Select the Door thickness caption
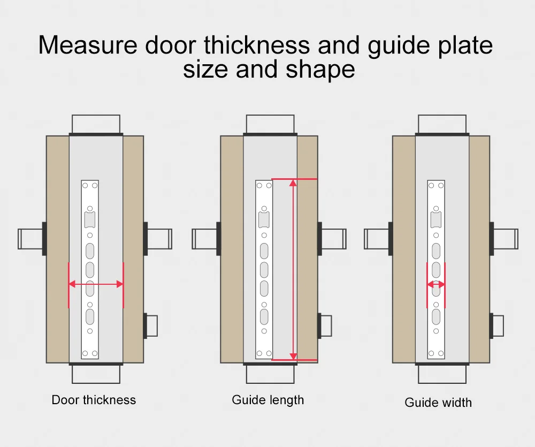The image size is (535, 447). (94, 400)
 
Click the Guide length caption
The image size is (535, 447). (268, 400)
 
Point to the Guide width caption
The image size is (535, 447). (438, 403)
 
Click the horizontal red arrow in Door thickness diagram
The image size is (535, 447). (96, 285)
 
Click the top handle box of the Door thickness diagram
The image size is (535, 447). (96, 124)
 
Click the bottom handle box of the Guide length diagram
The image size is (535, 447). (270, 374)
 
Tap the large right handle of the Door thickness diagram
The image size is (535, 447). (159, 239)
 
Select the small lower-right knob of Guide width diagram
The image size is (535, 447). (498, 326)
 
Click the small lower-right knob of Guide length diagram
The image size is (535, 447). (326, 326)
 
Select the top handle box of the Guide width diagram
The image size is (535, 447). (442, 124)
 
